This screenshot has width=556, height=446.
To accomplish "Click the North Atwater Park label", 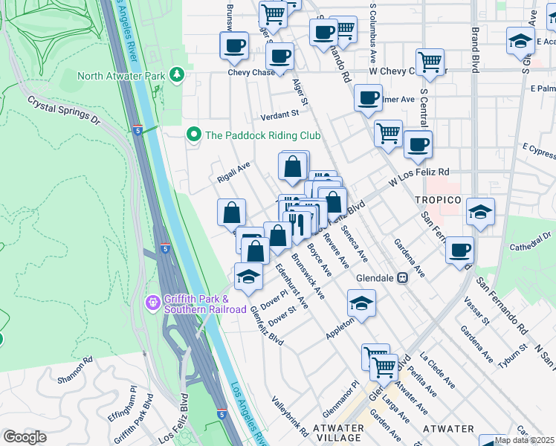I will [x=121, y=75].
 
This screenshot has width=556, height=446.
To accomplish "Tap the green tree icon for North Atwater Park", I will [x=176, y=74].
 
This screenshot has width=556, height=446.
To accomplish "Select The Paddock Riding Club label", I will [x=262, y=135].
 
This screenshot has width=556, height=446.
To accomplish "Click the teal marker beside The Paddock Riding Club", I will [x=194, y=135].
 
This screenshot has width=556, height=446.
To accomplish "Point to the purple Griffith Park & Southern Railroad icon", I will [x=153, y=303].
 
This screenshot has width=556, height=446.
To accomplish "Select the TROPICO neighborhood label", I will [x=438, y=200].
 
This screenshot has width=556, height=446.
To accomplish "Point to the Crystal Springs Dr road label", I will [x=63, y=109].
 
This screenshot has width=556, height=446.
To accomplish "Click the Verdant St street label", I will [x=279, y=114].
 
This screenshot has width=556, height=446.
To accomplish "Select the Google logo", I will [x=25, y=437].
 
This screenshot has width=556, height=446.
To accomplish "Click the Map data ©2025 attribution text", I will [x=524, y=440].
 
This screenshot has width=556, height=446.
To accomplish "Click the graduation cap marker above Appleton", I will [x=361, y=303].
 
